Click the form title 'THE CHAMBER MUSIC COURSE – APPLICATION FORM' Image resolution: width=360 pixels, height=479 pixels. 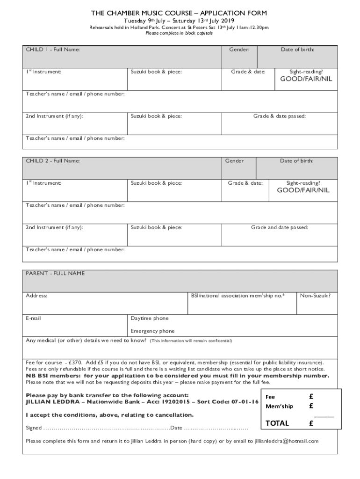click(180, 13)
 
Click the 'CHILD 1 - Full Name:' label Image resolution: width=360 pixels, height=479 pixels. click(53, 50)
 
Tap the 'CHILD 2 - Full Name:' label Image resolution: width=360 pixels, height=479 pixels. click(53, 161)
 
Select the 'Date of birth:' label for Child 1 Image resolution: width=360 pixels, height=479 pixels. click(297, 50)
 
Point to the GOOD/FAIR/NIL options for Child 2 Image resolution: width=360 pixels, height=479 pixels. click(303, 190)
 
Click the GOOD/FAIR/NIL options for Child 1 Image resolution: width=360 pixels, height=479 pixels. click(306, 79)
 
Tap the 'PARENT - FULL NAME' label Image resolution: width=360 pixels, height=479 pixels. click(55, 273)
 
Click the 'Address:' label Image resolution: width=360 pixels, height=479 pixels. click(36, 296)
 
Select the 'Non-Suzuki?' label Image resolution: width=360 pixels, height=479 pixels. click(315, 296)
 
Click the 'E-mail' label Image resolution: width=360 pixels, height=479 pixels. click(33, 318)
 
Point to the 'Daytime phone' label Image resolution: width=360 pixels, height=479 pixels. click(150, 318)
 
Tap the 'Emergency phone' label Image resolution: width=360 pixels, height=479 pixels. click(152, 331)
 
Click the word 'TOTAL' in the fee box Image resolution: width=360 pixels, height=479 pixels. click(277, 423)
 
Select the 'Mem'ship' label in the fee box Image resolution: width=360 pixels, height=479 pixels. click(279, 406)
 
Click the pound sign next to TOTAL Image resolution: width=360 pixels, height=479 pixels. click(311, 423)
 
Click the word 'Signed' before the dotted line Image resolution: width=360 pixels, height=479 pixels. click(34, 428)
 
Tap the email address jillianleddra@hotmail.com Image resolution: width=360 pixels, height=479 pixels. click(287, 441)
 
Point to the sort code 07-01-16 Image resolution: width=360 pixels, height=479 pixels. click(243, 402)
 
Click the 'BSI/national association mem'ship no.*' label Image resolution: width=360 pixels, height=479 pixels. click(238, 296)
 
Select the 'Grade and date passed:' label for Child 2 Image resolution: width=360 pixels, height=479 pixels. click(280, 228)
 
